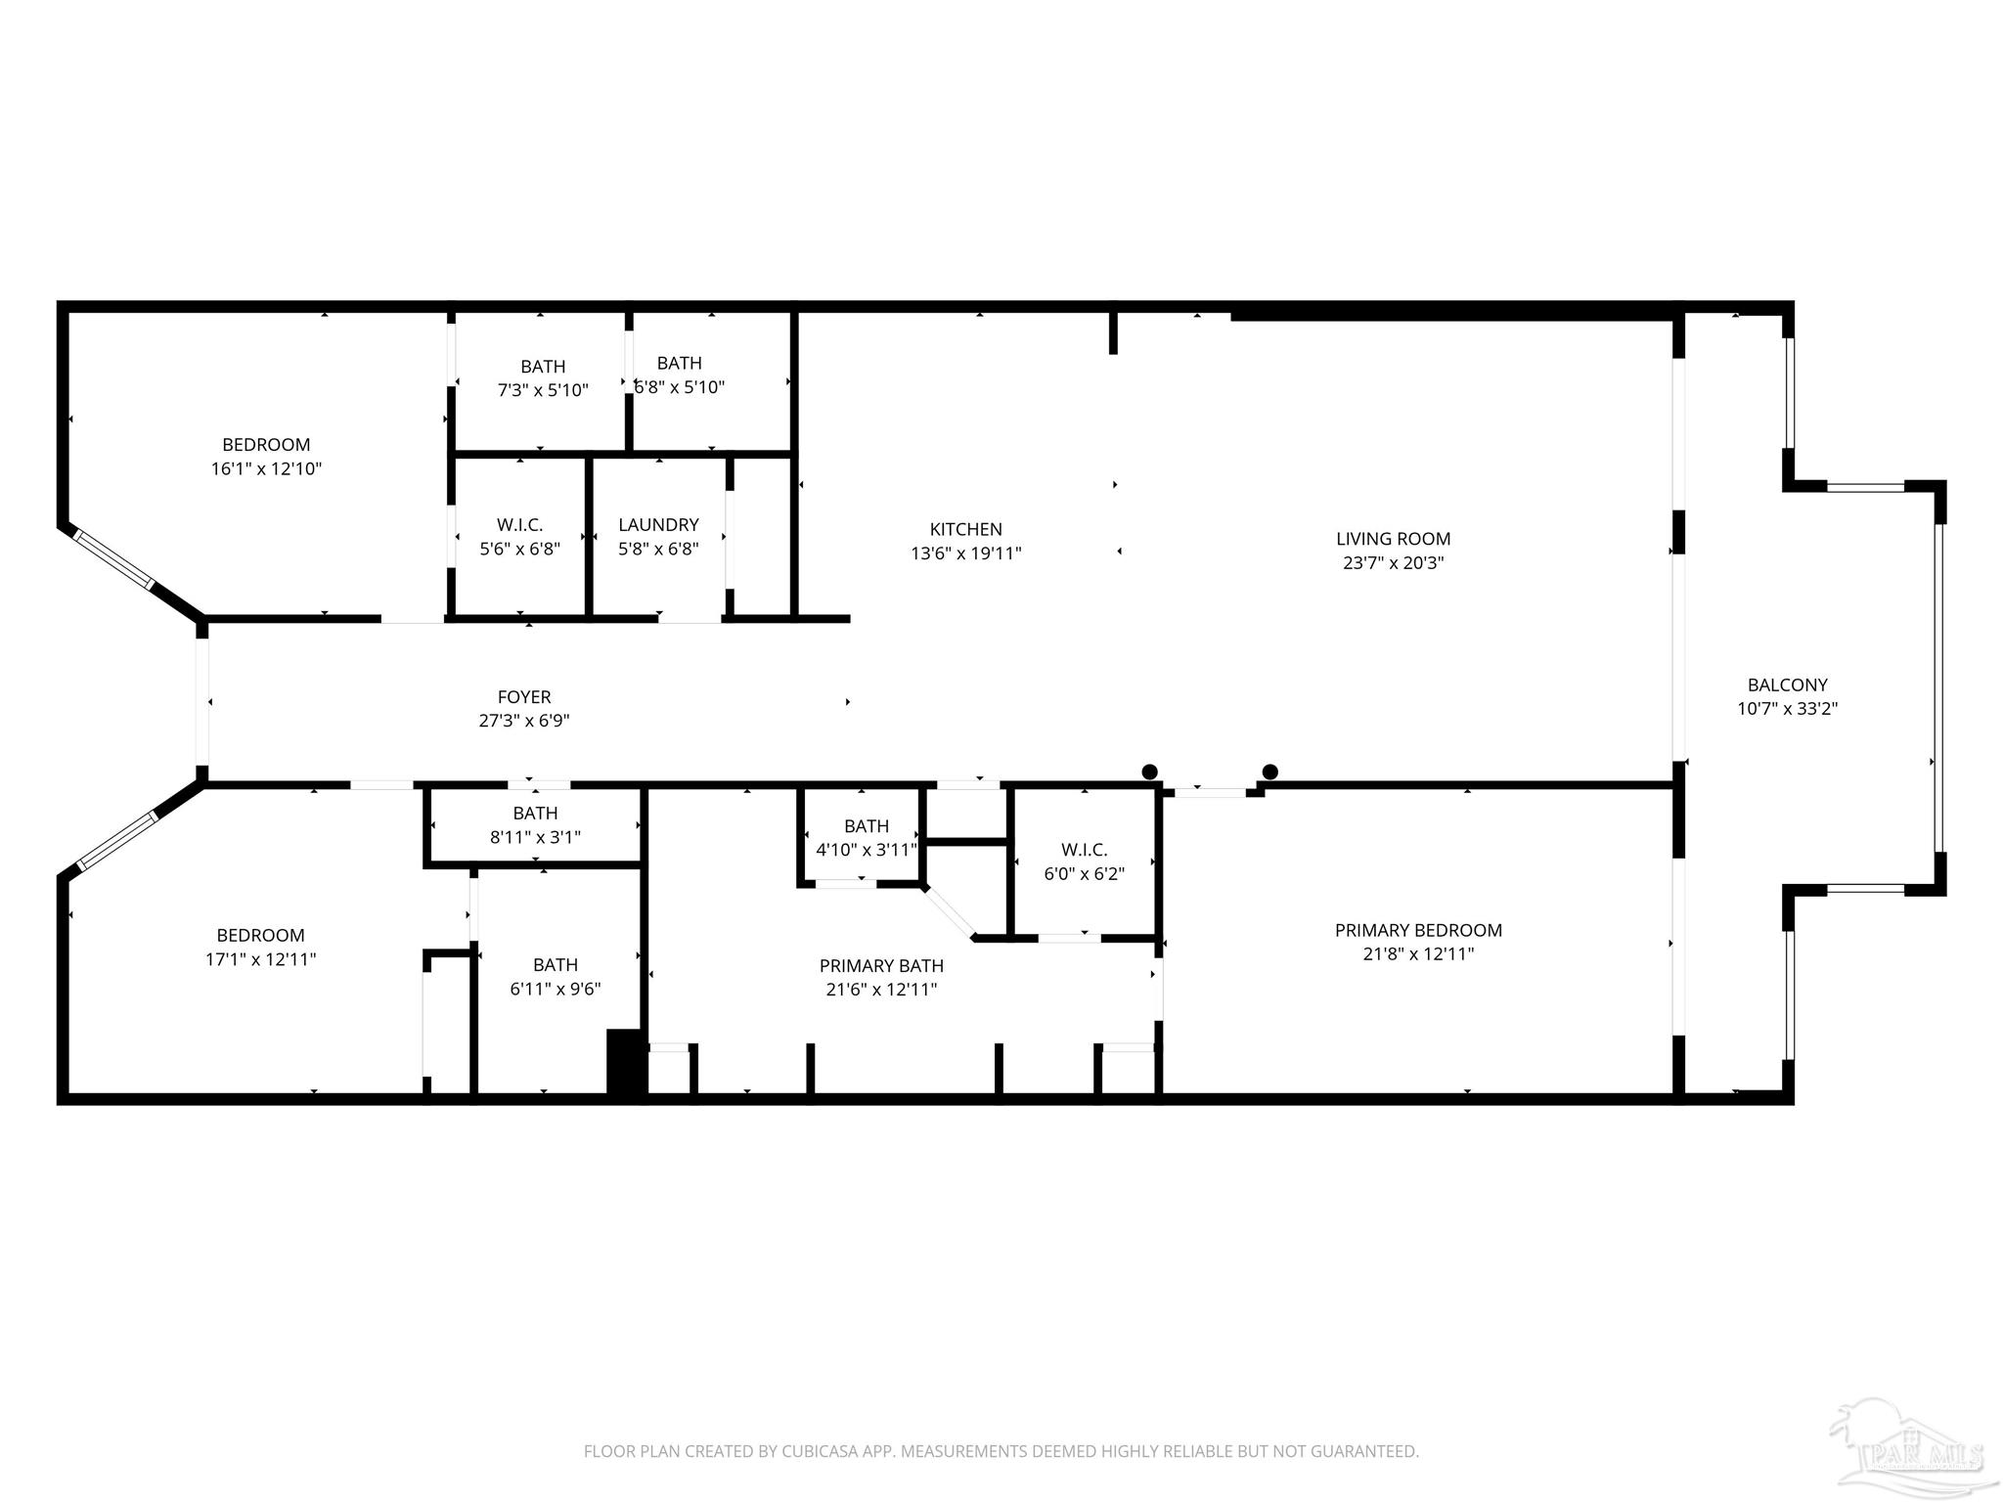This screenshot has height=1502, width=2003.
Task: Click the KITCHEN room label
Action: click(x=965, y=529)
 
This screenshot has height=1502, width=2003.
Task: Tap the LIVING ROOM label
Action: click(x=1393, y=539)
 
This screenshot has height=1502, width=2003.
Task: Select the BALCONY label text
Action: click(x=1787, y=685)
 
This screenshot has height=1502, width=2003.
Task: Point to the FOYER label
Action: click(x=524, y=697)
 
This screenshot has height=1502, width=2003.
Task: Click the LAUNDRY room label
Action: click(x=658, y=525)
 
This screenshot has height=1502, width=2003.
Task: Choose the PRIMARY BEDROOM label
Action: click(x=1418, y=930)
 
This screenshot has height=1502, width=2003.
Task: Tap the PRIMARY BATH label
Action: click(x=881, y=966)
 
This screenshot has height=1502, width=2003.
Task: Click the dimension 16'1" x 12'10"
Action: click(x=266, y=468)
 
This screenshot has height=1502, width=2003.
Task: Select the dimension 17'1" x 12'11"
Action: click(x=260, y=959)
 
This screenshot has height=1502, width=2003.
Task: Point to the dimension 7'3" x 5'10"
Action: click(x=543, y=390)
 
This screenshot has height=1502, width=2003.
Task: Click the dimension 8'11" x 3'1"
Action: click(x=535, y=837)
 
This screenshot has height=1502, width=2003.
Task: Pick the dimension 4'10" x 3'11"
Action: click(x=866, y=850)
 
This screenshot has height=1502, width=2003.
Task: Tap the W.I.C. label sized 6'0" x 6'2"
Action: click(x=1084, y=850)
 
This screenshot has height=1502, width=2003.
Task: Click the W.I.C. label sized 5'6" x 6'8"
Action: click(x=519, y=525)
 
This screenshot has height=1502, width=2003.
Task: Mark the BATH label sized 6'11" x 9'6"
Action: click(x=555, y=965)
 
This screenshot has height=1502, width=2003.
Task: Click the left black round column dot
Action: click(x=1150, y=773)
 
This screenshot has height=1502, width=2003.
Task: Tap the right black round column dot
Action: click(x=1270, y=773)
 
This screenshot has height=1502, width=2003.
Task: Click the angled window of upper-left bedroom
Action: click(x=114, y=558)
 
